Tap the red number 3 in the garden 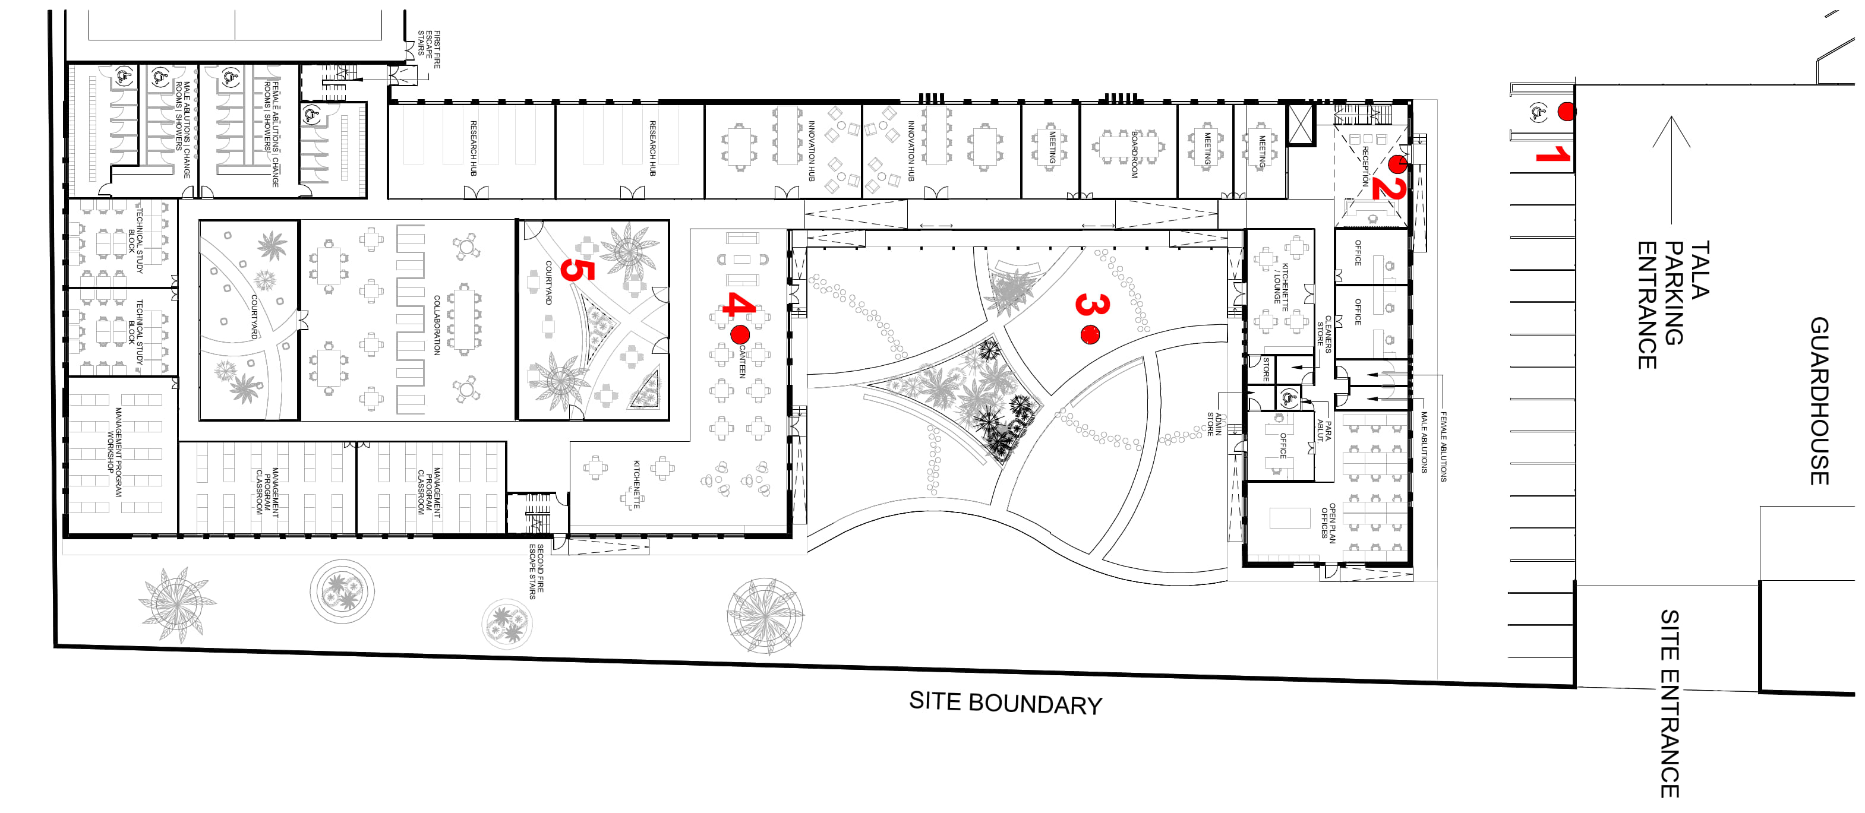1092,304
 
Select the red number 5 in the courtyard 577,269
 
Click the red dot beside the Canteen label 740,334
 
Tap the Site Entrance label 1670,703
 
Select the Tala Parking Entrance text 1673,305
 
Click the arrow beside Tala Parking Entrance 1671,169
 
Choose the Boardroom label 1134,154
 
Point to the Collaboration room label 437,324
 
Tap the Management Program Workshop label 115,452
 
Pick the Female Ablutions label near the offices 1443,447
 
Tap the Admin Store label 1214,424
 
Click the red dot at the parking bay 1566,112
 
